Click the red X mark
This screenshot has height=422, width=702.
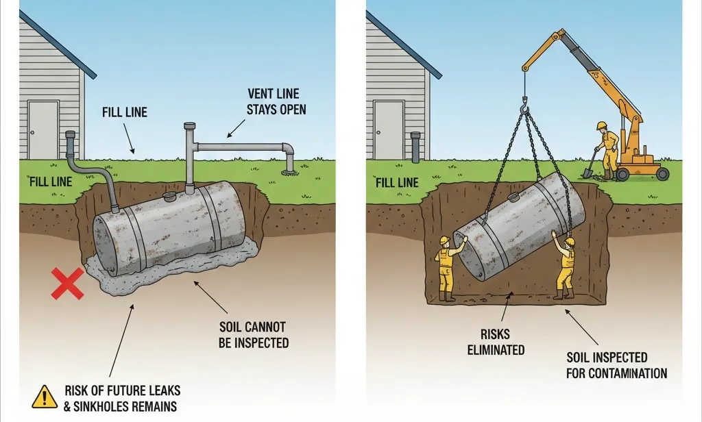(68, 284)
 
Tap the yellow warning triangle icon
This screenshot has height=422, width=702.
(45, 397)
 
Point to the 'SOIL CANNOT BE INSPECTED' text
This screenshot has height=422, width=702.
(252, 334)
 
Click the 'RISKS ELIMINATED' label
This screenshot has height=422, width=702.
(496, 343)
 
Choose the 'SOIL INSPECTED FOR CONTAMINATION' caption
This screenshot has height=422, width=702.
(616, 365)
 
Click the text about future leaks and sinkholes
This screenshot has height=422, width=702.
(122, 398)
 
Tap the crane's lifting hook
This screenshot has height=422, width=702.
(526, 107)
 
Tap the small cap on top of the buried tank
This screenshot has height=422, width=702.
(169, 197)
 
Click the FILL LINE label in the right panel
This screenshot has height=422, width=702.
(397, 182)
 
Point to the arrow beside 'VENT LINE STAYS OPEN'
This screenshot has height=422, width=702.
(237, 127)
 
